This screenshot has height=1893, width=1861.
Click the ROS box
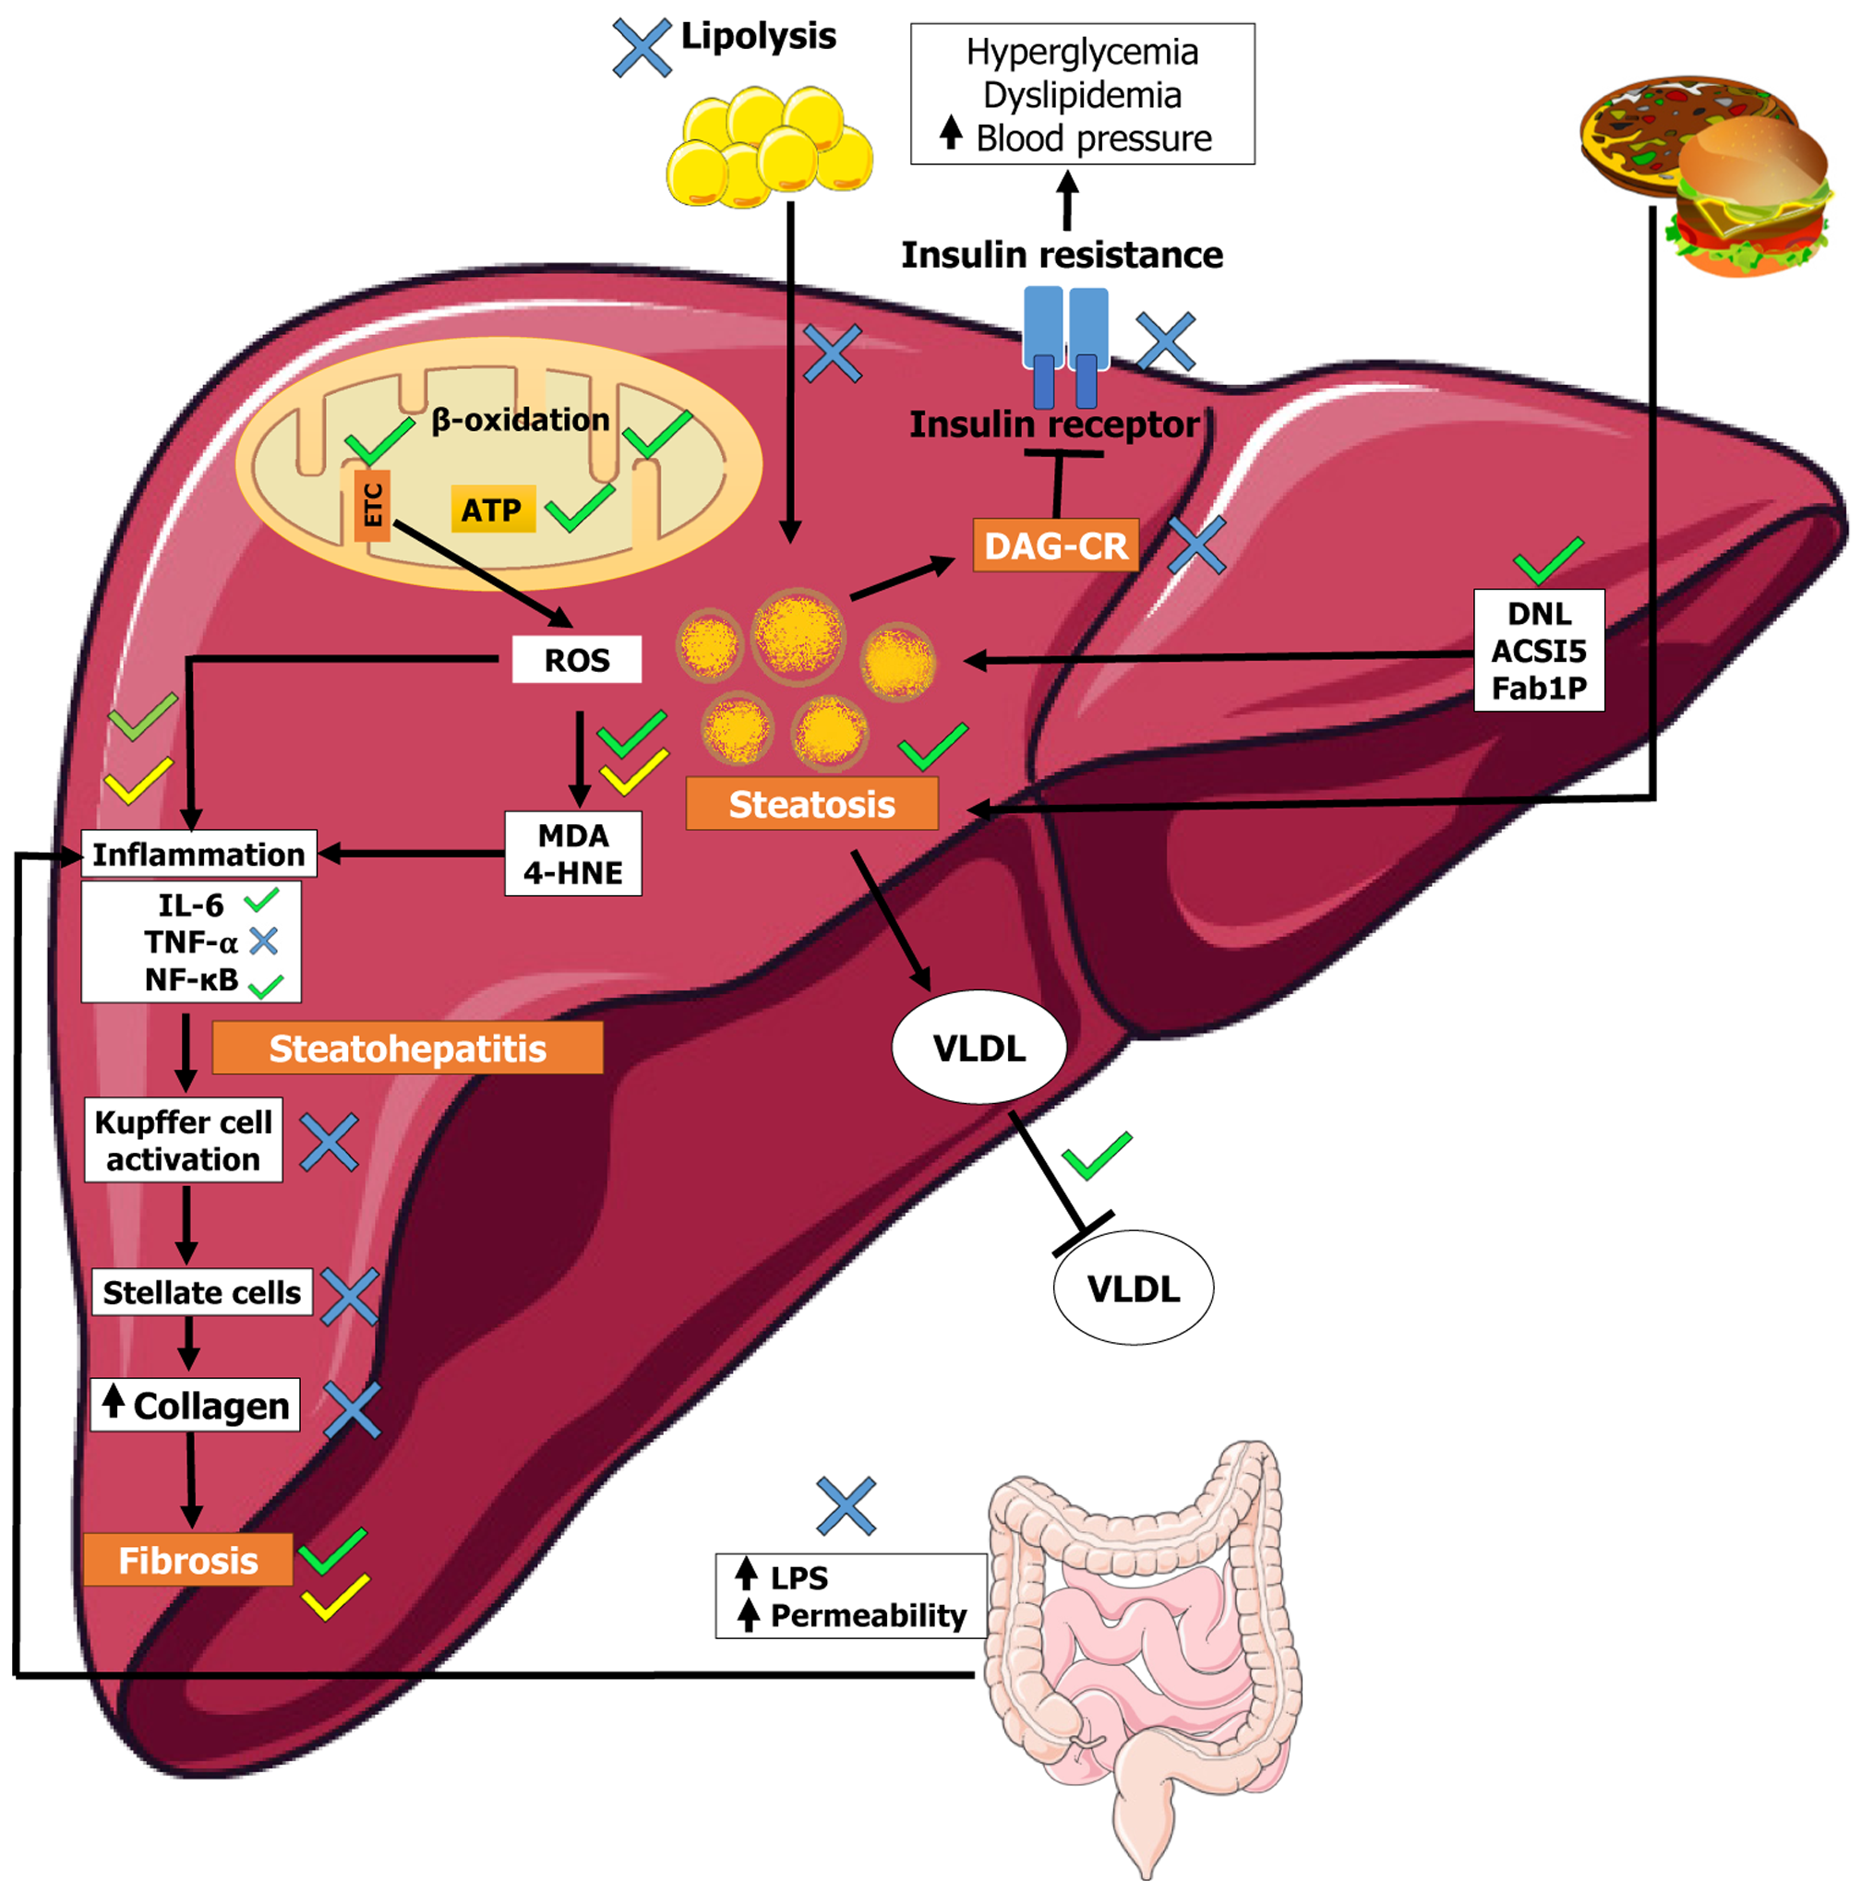[577, 660]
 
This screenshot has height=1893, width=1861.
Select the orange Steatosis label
[811, 803]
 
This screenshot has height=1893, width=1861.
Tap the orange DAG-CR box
[1056, 545]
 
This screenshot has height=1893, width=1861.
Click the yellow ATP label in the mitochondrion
[493, 509]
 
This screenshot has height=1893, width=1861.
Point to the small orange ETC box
[372, 504]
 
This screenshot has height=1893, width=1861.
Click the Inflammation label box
[198, 853]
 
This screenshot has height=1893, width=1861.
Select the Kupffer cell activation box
[184, 1140]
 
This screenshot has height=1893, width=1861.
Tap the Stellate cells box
[201, 1292]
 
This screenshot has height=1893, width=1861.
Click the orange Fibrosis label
[187, 1560]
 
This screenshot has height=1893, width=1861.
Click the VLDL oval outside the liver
[1133, 1288]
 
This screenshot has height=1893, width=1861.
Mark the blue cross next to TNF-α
[264, 941]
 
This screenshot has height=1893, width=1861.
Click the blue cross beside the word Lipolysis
[642, 47]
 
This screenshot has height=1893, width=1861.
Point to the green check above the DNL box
[1547, 560]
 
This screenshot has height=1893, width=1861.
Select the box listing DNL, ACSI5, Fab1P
[1539, 650]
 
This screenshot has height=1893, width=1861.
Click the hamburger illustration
[1749, 196]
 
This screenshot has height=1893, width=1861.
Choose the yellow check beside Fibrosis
[334, 1597]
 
